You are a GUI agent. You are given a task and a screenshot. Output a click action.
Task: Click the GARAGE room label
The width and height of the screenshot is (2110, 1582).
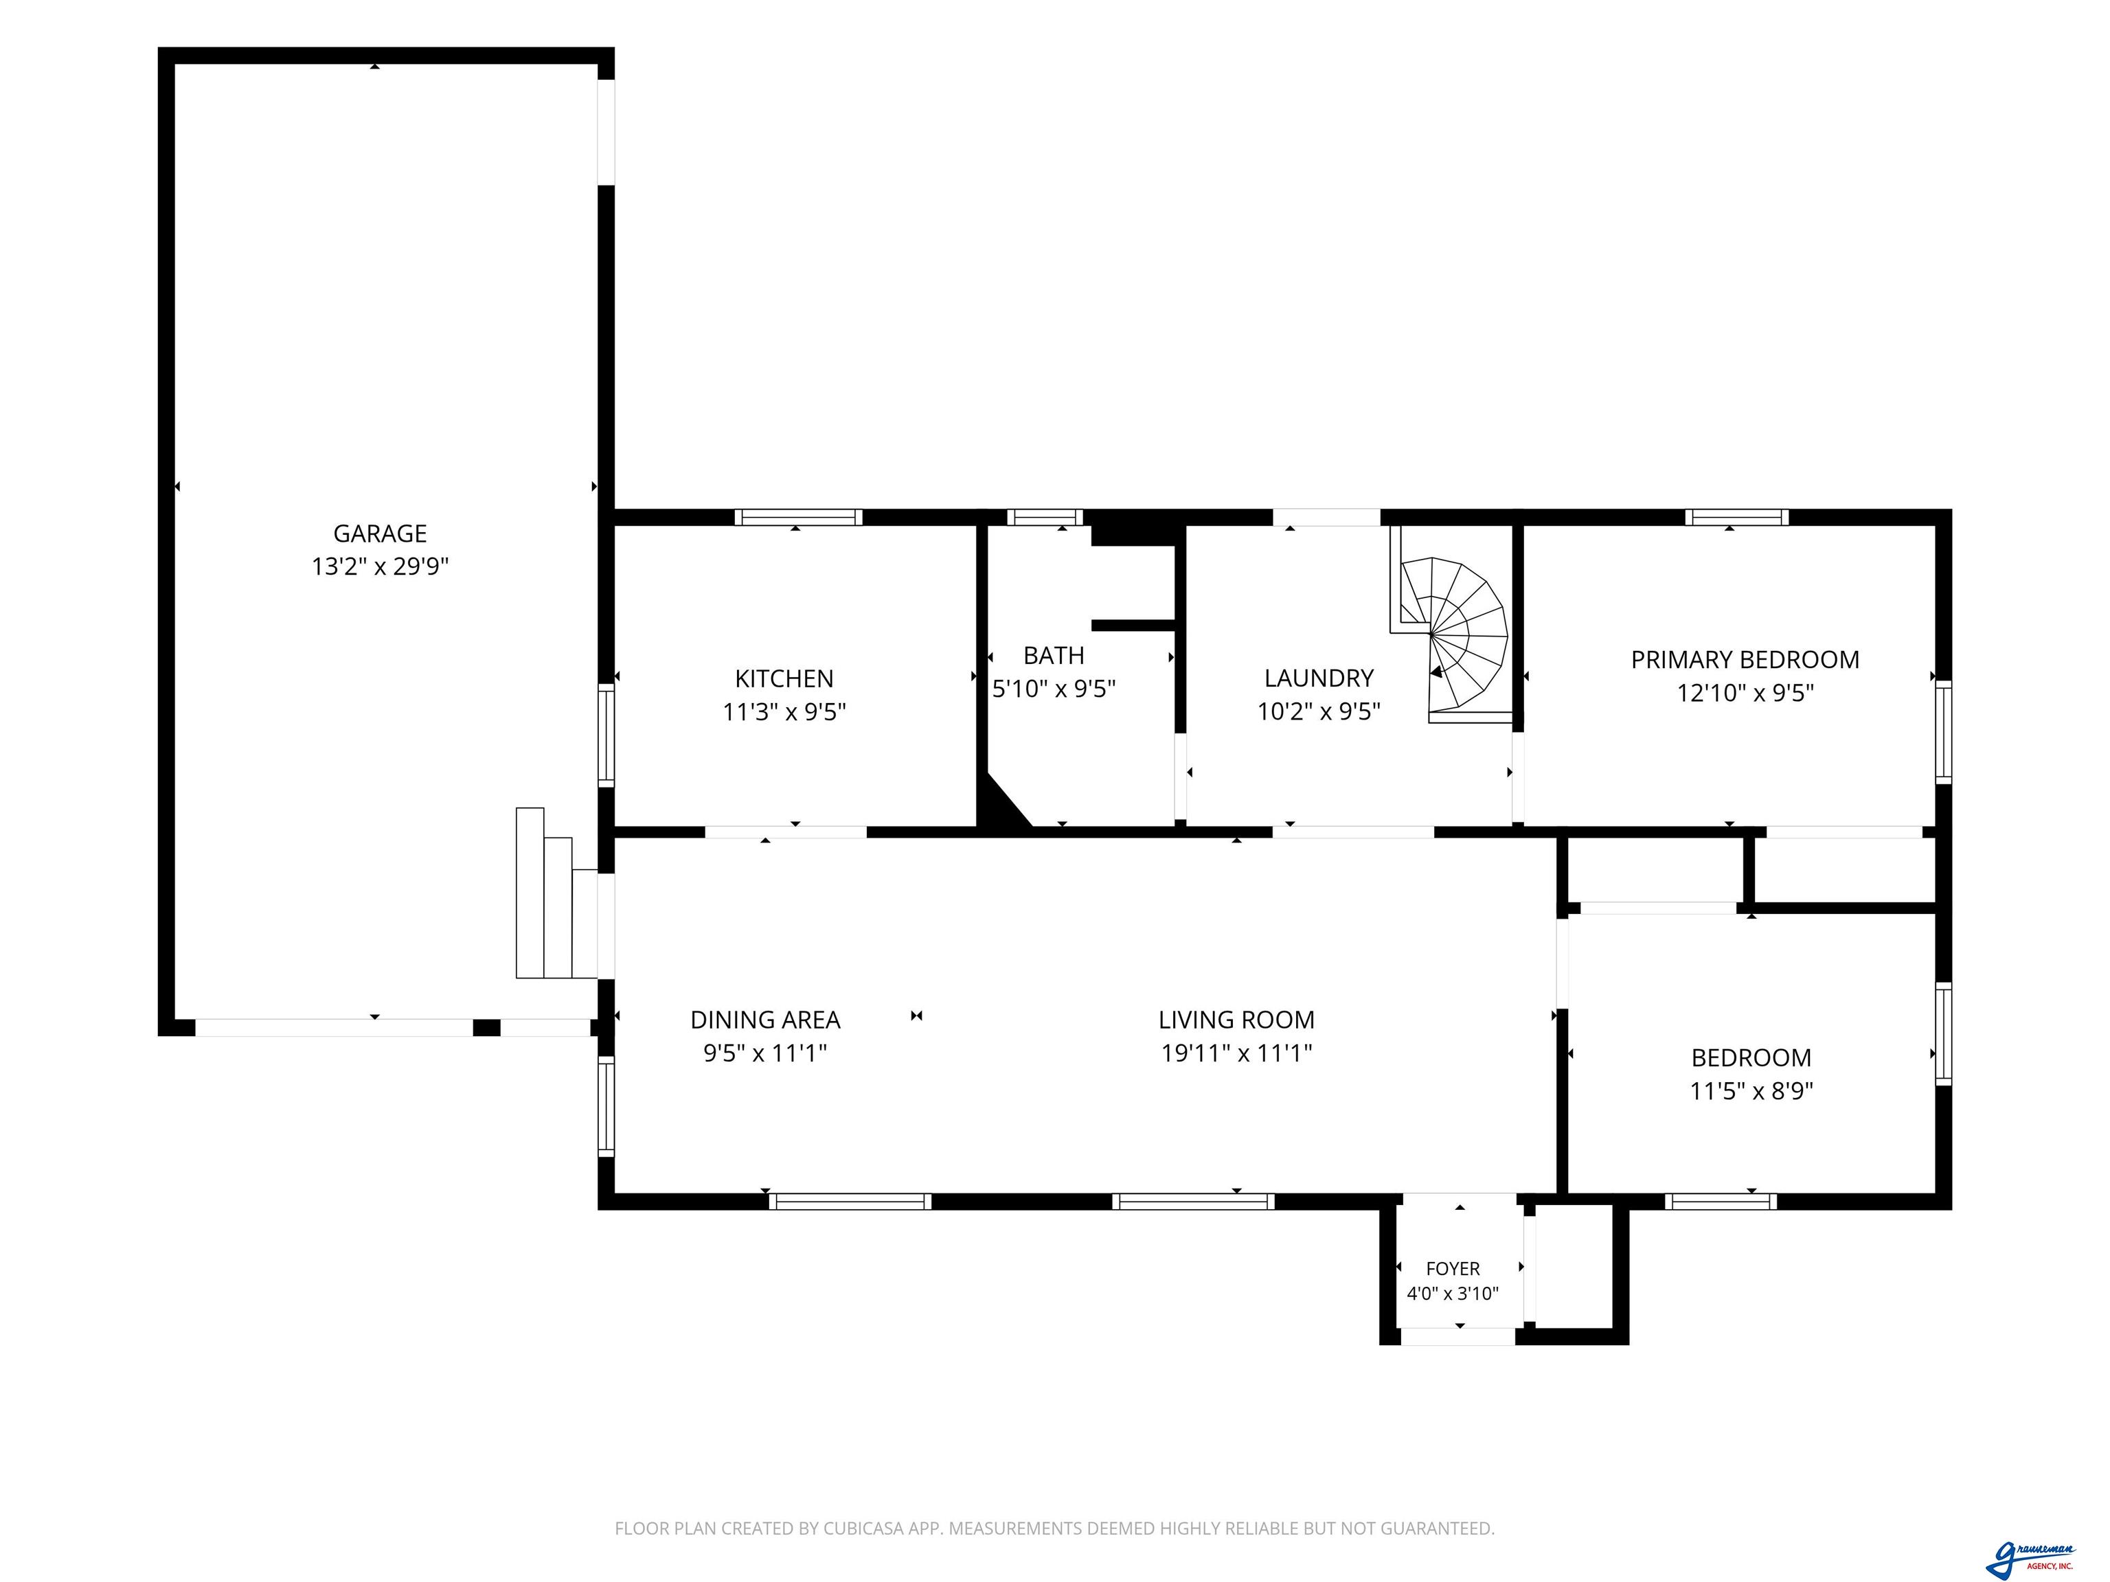[380, 533]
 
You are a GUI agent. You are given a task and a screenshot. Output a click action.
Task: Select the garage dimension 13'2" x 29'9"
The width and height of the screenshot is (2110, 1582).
[380, 566]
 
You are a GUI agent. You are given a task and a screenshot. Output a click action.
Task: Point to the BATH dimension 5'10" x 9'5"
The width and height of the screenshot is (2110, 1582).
[1054, 689]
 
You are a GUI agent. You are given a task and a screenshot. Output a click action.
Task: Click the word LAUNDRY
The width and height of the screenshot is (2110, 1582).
[1319, 678]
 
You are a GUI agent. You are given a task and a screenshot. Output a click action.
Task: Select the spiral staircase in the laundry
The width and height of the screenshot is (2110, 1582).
[1450, 634]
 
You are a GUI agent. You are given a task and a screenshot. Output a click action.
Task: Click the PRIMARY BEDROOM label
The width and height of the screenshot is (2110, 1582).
[1745, 659]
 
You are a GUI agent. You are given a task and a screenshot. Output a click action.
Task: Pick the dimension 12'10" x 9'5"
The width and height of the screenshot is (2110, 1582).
[1745, 692]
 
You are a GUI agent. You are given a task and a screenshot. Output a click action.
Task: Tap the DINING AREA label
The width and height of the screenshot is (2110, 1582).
[765, 1020]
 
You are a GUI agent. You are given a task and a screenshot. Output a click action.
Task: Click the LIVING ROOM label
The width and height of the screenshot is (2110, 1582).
[1236, 1020]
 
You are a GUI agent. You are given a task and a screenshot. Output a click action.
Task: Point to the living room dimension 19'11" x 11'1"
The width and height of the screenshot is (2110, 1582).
[1236, 1053]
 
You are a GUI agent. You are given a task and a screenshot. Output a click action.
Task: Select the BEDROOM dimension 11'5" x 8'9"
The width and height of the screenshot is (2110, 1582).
[1751, 1090]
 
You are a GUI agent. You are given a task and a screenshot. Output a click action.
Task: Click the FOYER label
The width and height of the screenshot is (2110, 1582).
[1453, 1268]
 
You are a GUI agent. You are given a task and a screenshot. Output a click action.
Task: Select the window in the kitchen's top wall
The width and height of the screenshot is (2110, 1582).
[798, 518]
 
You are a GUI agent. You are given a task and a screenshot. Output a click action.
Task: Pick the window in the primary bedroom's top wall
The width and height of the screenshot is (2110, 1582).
[1736, 518]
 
